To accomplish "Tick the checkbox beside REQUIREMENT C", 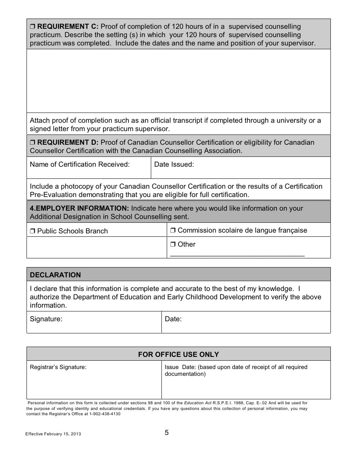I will click(x=32, y=27).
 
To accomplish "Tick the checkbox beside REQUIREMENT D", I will click(x=32, y=143).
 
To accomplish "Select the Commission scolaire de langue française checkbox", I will click(x=173, y=230).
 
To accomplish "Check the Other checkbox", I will click(x=173, y=245).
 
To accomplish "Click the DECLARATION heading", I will click(x=55, y=275).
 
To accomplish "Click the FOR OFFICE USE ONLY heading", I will click(x=178, y=355).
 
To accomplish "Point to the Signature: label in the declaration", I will click(x=46, y=319).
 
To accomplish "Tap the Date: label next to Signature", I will click(x=173, y=319).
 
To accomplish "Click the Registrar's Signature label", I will click(x=58, y=367).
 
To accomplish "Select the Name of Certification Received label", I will click(x=80, y=164).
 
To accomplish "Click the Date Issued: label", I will click(x=174, y=164).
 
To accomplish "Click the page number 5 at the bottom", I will click(x=167, y=433).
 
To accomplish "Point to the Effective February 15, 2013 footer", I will click(x=53, y=434).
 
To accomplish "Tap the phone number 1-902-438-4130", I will click(x=105, y=414).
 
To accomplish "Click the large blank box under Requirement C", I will click(x=178, y=81).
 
